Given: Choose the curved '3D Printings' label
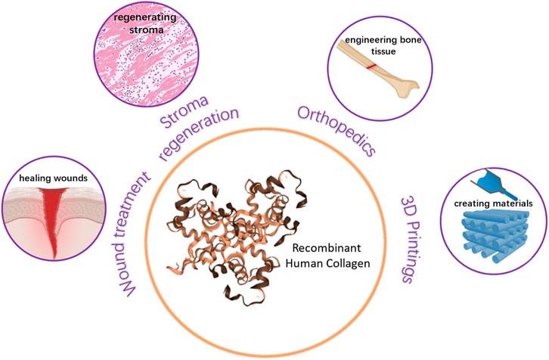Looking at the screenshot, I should pos(412,240).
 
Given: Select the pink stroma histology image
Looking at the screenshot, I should pos(140,57).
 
